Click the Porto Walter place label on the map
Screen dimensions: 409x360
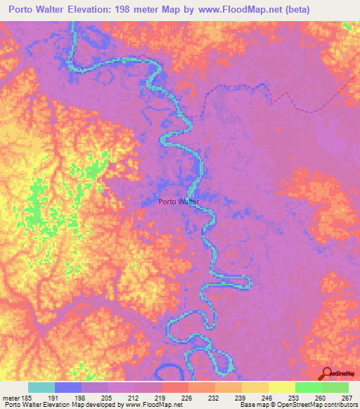point(179,202)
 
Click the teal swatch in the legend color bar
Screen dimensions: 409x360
point(41,387)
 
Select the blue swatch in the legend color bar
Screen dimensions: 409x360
point(68,387)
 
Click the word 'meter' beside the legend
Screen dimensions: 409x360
point(11,396)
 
